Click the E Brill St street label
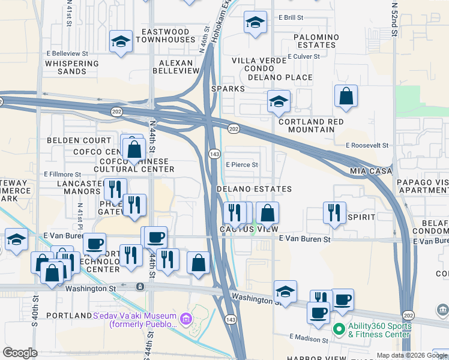pos(291,19)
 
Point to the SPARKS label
pos(228,89)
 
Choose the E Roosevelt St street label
pos(367,145)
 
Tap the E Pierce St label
pos(242,164)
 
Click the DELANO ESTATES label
pos(254,189)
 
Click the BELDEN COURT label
pos(79,140)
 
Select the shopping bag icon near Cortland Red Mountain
pos(346,96)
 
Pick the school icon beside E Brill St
pos(255,23)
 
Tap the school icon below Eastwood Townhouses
pos(121,41)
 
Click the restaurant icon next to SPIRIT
pos(333,212)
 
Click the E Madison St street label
pos(309,338)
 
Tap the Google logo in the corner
pos(20,353)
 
